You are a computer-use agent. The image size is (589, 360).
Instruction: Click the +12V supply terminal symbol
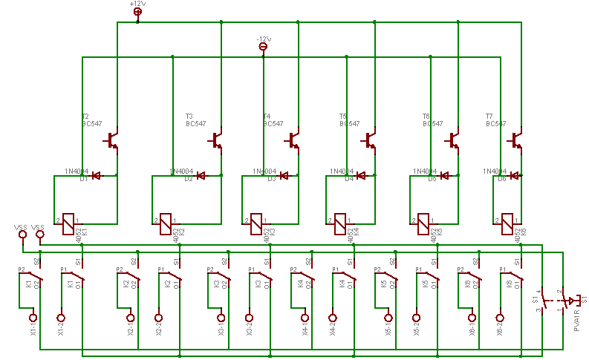[137, 12]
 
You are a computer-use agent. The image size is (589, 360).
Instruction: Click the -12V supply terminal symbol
[263, 48]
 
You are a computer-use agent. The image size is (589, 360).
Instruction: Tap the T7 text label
[489, 117]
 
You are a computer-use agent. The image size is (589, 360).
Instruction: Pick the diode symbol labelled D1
[96, 176]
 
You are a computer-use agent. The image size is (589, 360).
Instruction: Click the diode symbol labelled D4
[362, 176]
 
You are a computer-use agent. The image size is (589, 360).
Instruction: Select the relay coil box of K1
[68, 220]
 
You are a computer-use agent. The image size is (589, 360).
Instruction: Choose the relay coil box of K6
[508, 220]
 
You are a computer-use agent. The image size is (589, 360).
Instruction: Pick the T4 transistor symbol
[295, 140]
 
